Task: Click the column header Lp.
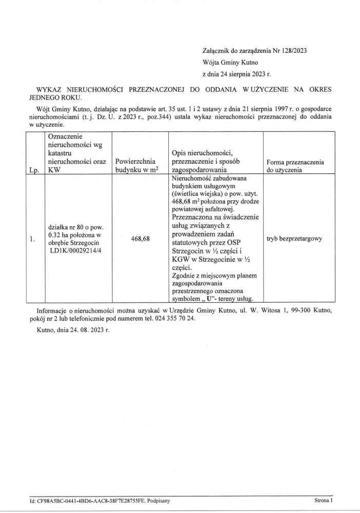point(34,171)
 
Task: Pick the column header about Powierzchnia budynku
point(136,166)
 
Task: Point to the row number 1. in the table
point(32,239)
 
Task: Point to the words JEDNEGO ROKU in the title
point(54,97)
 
